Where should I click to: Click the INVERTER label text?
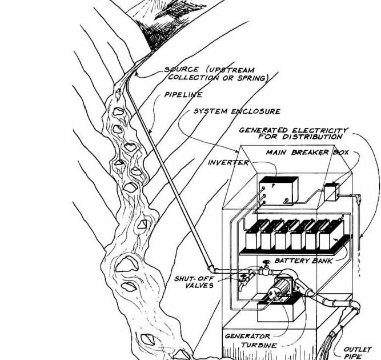228,163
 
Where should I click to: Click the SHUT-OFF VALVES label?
194,282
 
